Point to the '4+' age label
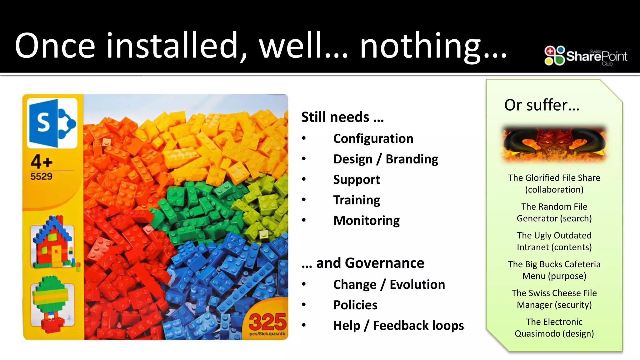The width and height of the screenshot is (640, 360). tap(42, 162)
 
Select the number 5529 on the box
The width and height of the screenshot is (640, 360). tap(41, 177)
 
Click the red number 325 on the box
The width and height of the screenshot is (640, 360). tap(267, 322)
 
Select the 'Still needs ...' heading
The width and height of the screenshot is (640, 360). tap(342, 117)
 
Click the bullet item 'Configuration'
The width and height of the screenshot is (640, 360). tap(373, 138)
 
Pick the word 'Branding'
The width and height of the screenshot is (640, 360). tap(412, 159)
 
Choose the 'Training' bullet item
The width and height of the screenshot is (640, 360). tap(357, 200)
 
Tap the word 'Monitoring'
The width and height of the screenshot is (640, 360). tap(366, 221)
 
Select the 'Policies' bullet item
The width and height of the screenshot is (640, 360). tap(355, 305)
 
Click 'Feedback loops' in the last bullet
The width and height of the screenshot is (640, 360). tap(418, 326)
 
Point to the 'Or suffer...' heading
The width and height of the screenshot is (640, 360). tap(542, 105)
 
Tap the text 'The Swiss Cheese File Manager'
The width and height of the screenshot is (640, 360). tap(554, 299)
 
